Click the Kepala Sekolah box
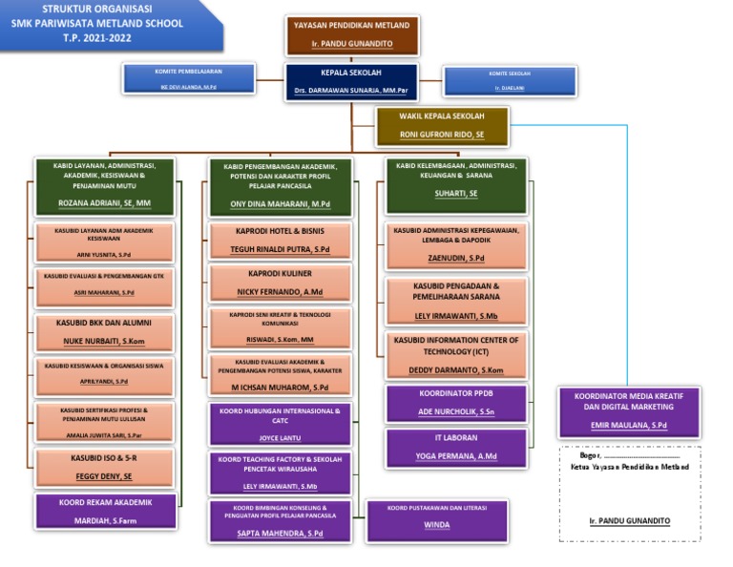point(351,81)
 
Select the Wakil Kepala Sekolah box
point(441,126)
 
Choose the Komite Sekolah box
point(510,80)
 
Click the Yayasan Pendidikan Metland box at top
point(351,34)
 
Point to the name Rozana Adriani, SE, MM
point(104,203)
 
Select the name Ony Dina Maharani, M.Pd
point(280,204)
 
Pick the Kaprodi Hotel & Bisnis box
point(280,241)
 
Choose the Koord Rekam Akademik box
point(106,512)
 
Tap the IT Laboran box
point(457,448)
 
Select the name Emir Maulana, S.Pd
point(628,425)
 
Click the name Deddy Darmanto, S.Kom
point(456,370)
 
